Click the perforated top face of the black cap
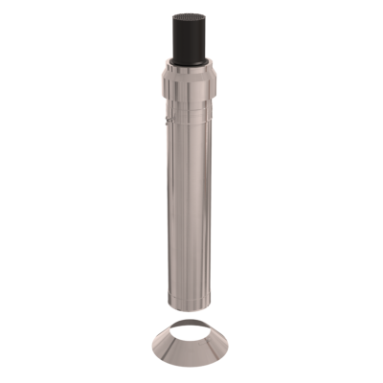196,16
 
